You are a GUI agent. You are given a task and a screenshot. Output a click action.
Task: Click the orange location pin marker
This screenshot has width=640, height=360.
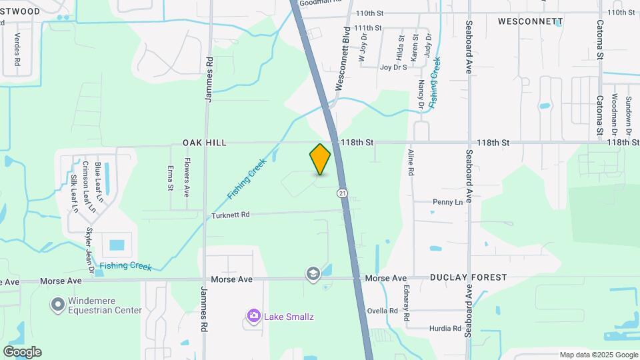click(x=320, y=159)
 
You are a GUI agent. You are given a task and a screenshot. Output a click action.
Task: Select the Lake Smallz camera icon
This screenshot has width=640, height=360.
click(x=253, y=315)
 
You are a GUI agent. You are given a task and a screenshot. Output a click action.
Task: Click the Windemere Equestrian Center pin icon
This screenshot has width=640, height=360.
click(x=57, y=305)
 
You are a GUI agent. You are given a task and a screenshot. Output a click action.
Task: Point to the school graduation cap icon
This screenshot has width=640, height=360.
click(x=313, y=274)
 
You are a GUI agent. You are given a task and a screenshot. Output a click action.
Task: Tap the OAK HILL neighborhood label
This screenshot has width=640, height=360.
click(x=205, y=143)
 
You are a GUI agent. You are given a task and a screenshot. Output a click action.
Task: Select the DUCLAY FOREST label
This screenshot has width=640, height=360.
click(x=468, y=277)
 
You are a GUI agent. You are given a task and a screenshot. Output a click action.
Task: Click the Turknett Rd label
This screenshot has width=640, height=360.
click(x=230, y=215)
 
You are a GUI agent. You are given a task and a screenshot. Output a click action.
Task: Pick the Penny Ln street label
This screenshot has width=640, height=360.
click(x=447, y=201)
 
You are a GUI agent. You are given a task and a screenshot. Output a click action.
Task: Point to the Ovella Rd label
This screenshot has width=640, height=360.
click(x=383, y=311)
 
